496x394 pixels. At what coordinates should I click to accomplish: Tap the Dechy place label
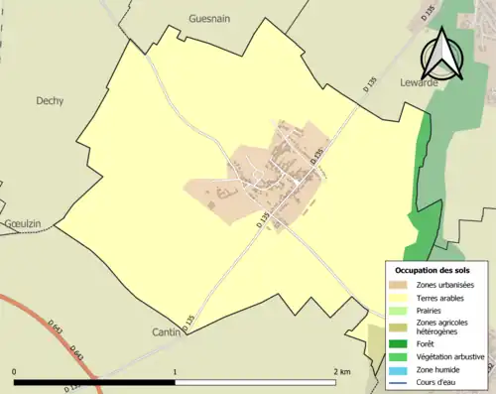coord(50,100)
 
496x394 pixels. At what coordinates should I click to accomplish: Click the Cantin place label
coord(165,331)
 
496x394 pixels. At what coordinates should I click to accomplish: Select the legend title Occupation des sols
coord(433,270)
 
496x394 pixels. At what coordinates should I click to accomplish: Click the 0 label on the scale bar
coord(15,372)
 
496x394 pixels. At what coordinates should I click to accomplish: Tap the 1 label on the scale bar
coord(176,372)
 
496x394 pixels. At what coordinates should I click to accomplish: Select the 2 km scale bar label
coord(343,372)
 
